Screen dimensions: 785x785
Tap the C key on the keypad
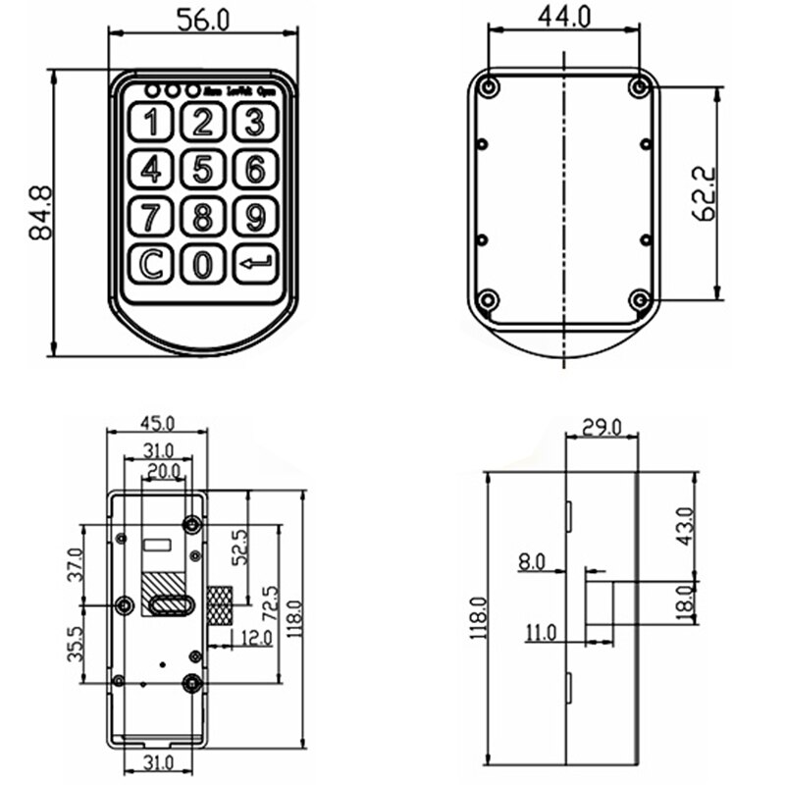tap(150, 264)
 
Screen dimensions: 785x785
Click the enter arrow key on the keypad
tap(255, 264)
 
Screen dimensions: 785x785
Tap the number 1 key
tap(150, 123)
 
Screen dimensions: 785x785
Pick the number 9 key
tap(255, 217)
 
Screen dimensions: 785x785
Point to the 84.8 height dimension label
tap(40, 212)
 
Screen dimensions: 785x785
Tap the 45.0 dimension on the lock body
tap(157, 423)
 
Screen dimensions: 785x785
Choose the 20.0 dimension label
tap(162, 472)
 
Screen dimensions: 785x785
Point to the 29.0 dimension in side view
tap(602, 426)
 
